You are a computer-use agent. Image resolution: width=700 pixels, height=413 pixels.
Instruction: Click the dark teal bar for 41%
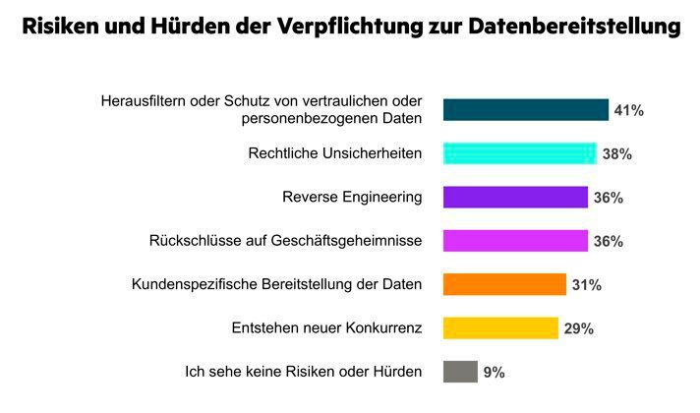point(525,110)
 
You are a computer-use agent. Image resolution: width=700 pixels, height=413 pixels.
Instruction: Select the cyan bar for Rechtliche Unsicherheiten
point(520,153)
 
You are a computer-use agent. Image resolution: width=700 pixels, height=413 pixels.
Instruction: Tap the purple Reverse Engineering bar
point(515,197)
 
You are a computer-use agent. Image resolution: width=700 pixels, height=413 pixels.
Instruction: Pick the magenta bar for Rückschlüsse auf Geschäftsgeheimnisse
point(515,241)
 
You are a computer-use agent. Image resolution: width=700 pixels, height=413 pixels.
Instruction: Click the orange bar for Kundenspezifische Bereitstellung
point(504,284)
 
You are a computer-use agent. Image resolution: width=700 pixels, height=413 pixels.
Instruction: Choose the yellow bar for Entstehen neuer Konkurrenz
point(500,327)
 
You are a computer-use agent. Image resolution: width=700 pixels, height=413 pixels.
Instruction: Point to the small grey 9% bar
point(460,372)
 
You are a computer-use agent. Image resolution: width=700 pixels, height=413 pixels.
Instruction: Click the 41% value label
point(629,110)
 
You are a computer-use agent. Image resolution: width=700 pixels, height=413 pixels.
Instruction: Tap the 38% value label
point(617,154)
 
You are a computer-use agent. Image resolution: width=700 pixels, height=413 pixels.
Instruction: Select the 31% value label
point(587,285)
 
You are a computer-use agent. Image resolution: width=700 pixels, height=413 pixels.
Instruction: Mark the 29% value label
point(579,328)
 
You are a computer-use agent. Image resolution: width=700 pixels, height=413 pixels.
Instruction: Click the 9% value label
point(494,373)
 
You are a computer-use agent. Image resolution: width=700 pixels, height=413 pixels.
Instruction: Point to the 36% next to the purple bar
point(609,198)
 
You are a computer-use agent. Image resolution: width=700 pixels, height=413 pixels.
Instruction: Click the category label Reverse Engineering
point(352,198)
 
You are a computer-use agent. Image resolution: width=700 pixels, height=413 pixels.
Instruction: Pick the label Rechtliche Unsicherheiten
point(335,154)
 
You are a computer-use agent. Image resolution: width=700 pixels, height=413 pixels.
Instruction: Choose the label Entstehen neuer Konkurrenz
point(326,328)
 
